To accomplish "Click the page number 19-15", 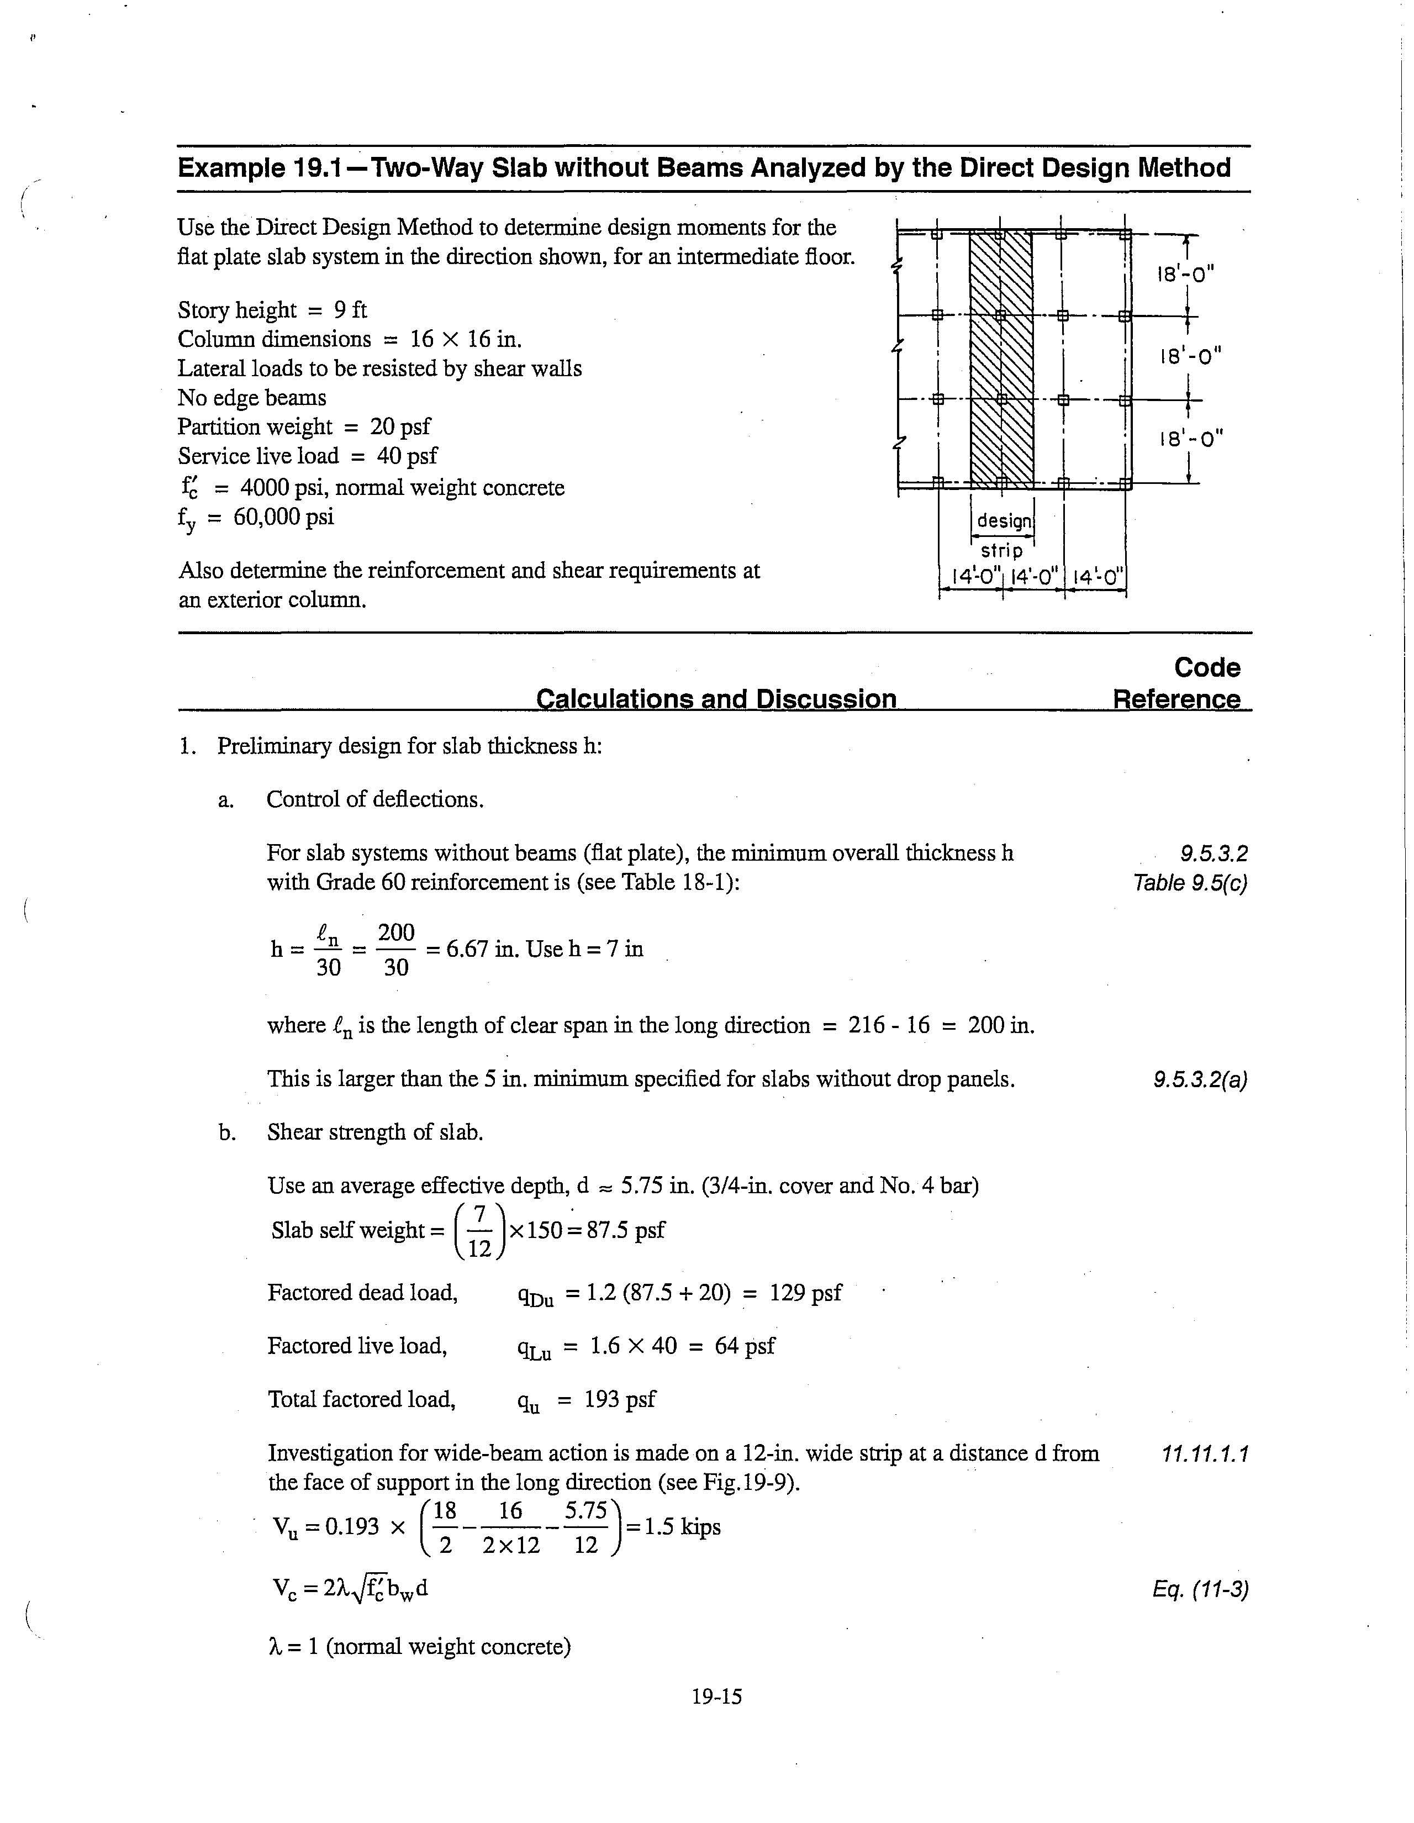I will (x=716, y=1696).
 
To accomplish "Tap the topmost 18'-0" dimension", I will (x=1185, y=274).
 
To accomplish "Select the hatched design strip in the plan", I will (x=1000, y=359).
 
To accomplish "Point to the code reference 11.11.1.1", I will (x=1205, y=1454).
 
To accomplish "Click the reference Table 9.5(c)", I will (x=1189, y=882).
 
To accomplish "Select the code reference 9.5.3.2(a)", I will (x=1200, y=1079).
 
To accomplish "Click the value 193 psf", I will (x=619, y=1399).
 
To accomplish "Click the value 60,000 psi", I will (x=284, y=517).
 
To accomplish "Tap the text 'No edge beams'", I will (x=251, y=397).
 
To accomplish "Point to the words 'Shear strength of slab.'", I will (x=375, y=1132).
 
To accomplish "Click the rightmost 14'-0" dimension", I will (x=1098, y=576).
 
